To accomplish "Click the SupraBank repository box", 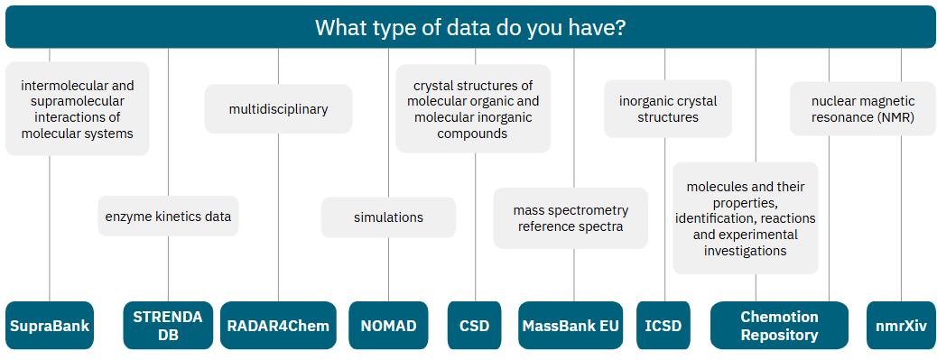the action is (x=50, y=326).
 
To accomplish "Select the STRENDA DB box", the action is (x=168, y=326).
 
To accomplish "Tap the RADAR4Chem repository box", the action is (x=278, y=326).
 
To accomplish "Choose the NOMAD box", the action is (x=388, y=326).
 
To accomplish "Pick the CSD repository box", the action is (x=475, y=326).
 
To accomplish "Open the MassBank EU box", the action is (x=571, y=326).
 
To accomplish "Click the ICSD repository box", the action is (x=663, y=326).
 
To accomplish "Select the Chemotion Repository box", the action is (x=779, y=326).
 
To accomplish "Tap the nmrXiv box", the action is (x=902, y=326).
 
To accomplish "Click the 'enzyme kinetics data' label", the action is (x=168, y=217).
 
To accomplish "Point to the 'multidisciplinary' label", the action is (x=278, y=108).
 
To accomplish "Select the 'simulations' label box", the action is (x=388, y=217).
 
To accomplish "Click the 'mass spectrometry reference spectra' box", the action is (x=571, y=218).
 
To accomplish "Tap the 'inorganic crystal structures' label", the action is (x=668, y=108).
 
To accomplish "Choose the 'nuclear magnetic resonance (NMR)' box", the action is (x=863, y=108).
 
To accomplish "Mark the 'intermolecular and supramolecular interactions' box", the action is (x=77, y=108).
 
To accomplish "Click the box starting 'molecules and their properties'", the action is (x=746, y=218).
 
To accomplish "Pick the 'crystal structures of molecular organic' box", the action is (x=473, y=108).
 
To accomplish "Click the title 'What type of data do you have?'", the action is (x=469, y=27).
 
